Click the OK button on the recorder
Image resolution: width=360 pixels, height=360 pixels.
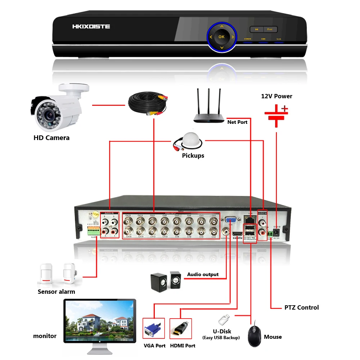pos(221,37)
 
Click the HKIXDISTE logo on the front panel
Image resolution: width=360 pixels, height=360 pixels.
pos(91,27)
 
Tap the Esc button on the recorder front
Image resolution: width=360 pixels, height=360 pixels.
pos(270,30)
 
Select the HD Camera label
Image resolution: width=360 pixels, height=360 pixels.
pos(51,138)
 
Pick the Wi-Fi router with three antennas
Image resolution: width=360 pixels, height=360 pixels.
pos(209,108)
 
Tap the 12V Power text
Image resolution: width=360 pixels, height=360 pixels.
pos(276,96)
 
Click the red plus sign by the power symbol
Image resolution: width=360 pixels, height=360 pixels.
pos(285,108)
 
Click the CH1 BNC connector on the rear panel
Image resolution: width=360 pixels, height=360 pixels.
pos(213,220)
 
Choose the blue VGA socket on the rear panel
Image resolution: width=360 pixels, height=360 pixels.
pos(230,220)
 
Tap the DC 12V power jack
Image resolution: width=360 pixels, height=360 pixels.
pos(276,232)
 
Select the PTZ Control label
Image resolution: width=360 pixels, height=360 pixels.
pos(301,307)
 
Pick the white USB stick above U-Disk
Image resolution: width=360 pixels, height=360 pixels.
pos(223,319)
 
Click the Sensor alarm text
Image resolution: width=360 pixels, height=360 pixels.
pos(57,292)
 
